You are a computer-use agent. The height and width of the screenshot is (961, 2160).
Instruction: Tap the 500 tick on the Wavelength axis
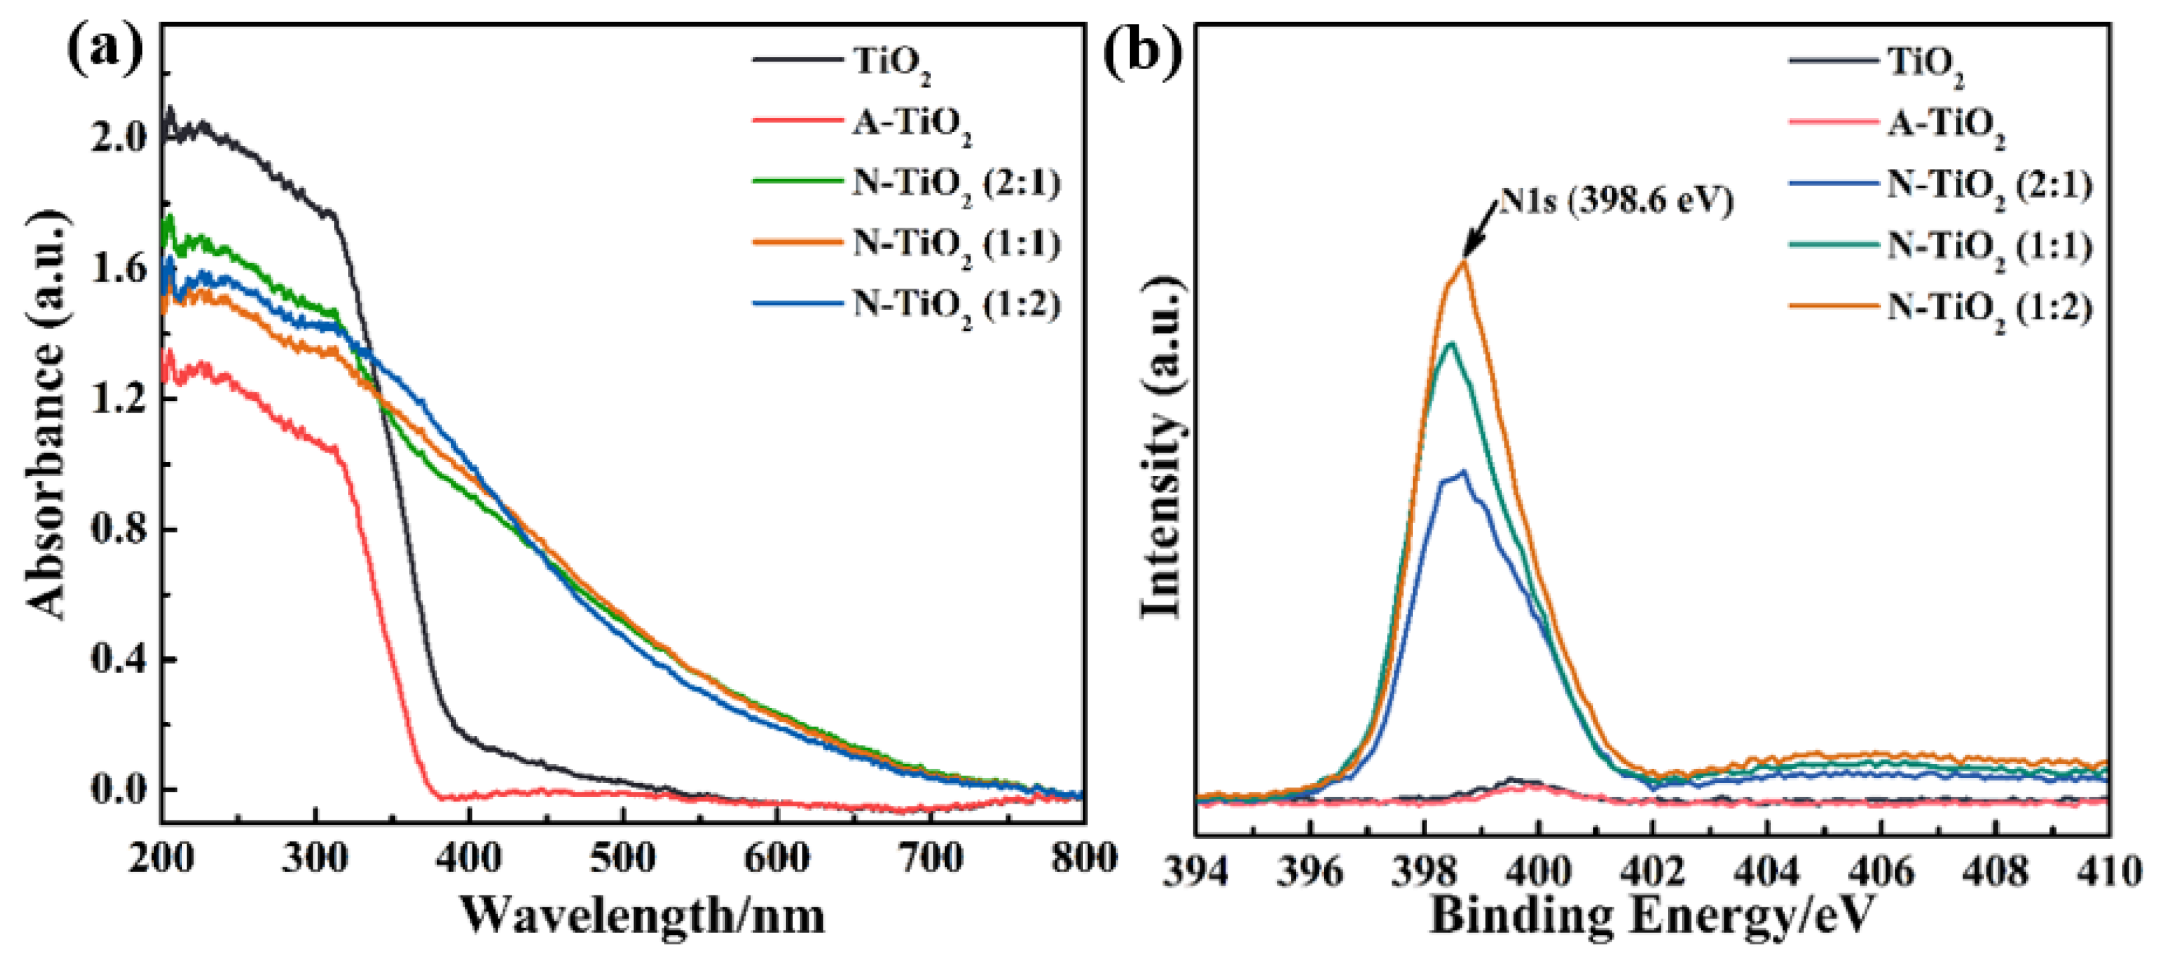(622, 859)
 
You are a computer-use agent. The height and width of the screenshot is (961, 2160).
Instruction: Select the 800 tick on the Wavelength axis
(1082, 859)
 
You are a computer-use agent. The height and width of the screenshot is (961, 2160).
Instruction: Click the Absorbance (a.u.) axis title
(46, 415)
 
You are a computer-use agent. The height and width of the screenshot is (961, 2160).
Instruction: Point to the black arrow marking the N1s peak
(1480, 230)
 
